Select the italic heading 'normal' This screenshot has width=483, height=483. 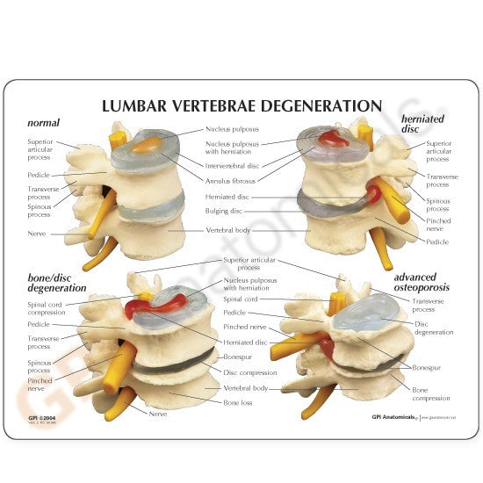tap(44, 122)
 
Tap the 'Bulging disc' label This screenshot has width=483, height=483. tap(226, 212)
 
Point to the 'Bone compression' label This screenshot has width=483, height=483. tap(430, 394)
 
